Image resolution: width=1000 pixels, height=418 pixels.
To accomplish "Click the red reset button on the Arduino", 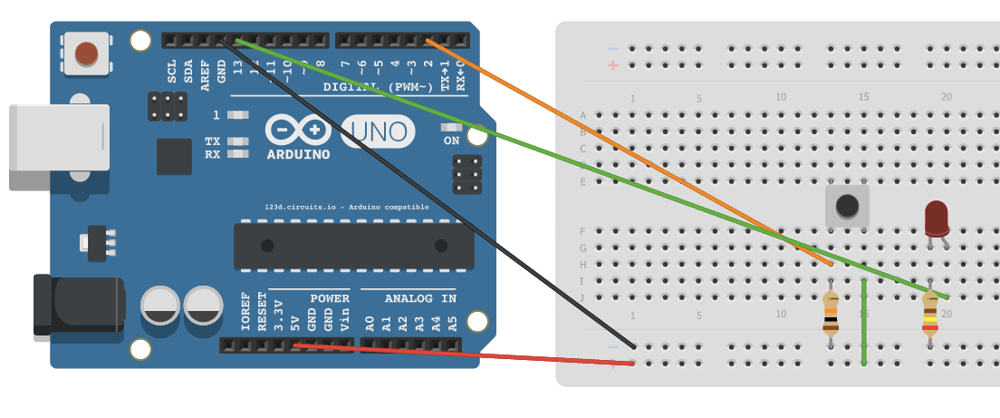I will click(86, 53).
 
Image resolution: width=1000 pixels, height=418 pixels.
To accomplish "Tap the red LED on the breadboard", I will click(937, 219).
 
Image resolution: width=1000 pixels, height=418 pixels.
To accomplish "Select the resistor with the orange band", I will click(831, 314).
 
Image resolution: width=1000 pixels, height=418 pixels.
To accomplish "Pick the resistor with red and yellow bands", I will click(930, 314).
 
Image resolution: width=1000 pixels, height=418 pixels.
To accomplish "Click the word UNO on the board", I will click(378, 132).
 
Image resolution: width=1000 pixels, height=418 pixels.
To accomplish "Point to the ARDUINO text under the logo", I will click(298, 154).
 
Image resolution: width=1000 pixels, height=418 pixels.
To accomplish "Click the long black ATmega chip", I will click(353, 246).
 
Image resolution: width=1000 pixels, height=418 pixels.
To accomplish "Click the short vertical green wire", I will click(864, 322).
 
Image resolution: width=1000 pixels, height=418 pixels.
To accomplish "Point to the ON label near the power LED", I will click(451, 141).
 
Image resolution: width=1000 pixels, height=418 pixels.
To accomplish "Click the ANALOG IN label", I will click(420, 298).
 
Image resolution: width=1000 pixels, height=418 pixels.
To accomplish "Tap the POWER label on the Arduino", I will click(329, 298).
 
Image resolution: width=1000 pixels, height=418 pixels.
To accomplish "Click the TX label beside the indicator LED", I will click(212, 141).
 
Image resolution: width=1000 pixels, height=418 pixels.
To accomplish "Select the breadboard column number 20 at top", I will click(946, 97).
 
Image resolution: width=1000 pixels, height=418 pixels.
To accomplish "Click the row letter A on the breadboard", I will click(582, 115).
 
